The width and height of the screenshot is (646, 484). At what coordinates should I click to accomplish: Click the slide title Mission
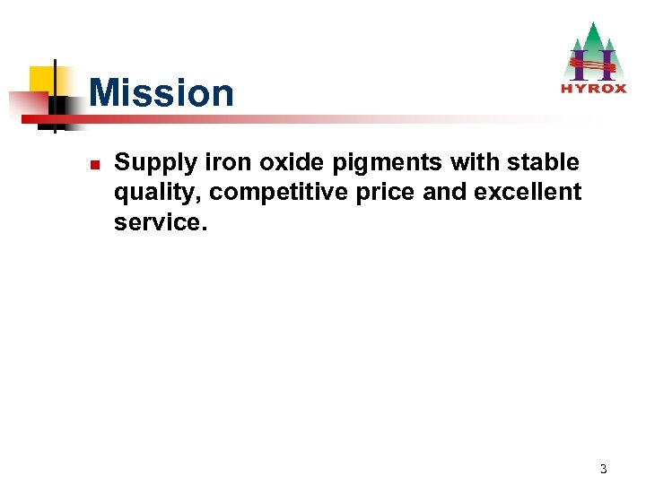[161, 93]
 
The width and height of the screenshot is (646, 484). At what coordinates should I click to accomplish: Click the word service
[159, 221]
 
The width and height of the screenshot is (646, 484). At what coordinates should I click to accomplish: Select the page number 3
[604, 468]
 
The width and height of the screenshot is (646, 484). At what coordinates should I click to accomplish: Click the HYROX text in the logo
[592, 88]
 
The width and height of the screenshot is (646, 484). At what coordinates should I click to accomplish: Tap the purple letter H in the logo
[593, 64]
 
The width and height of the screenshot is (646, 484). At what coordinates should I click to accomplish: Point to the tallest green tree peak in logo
[590, 30]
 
